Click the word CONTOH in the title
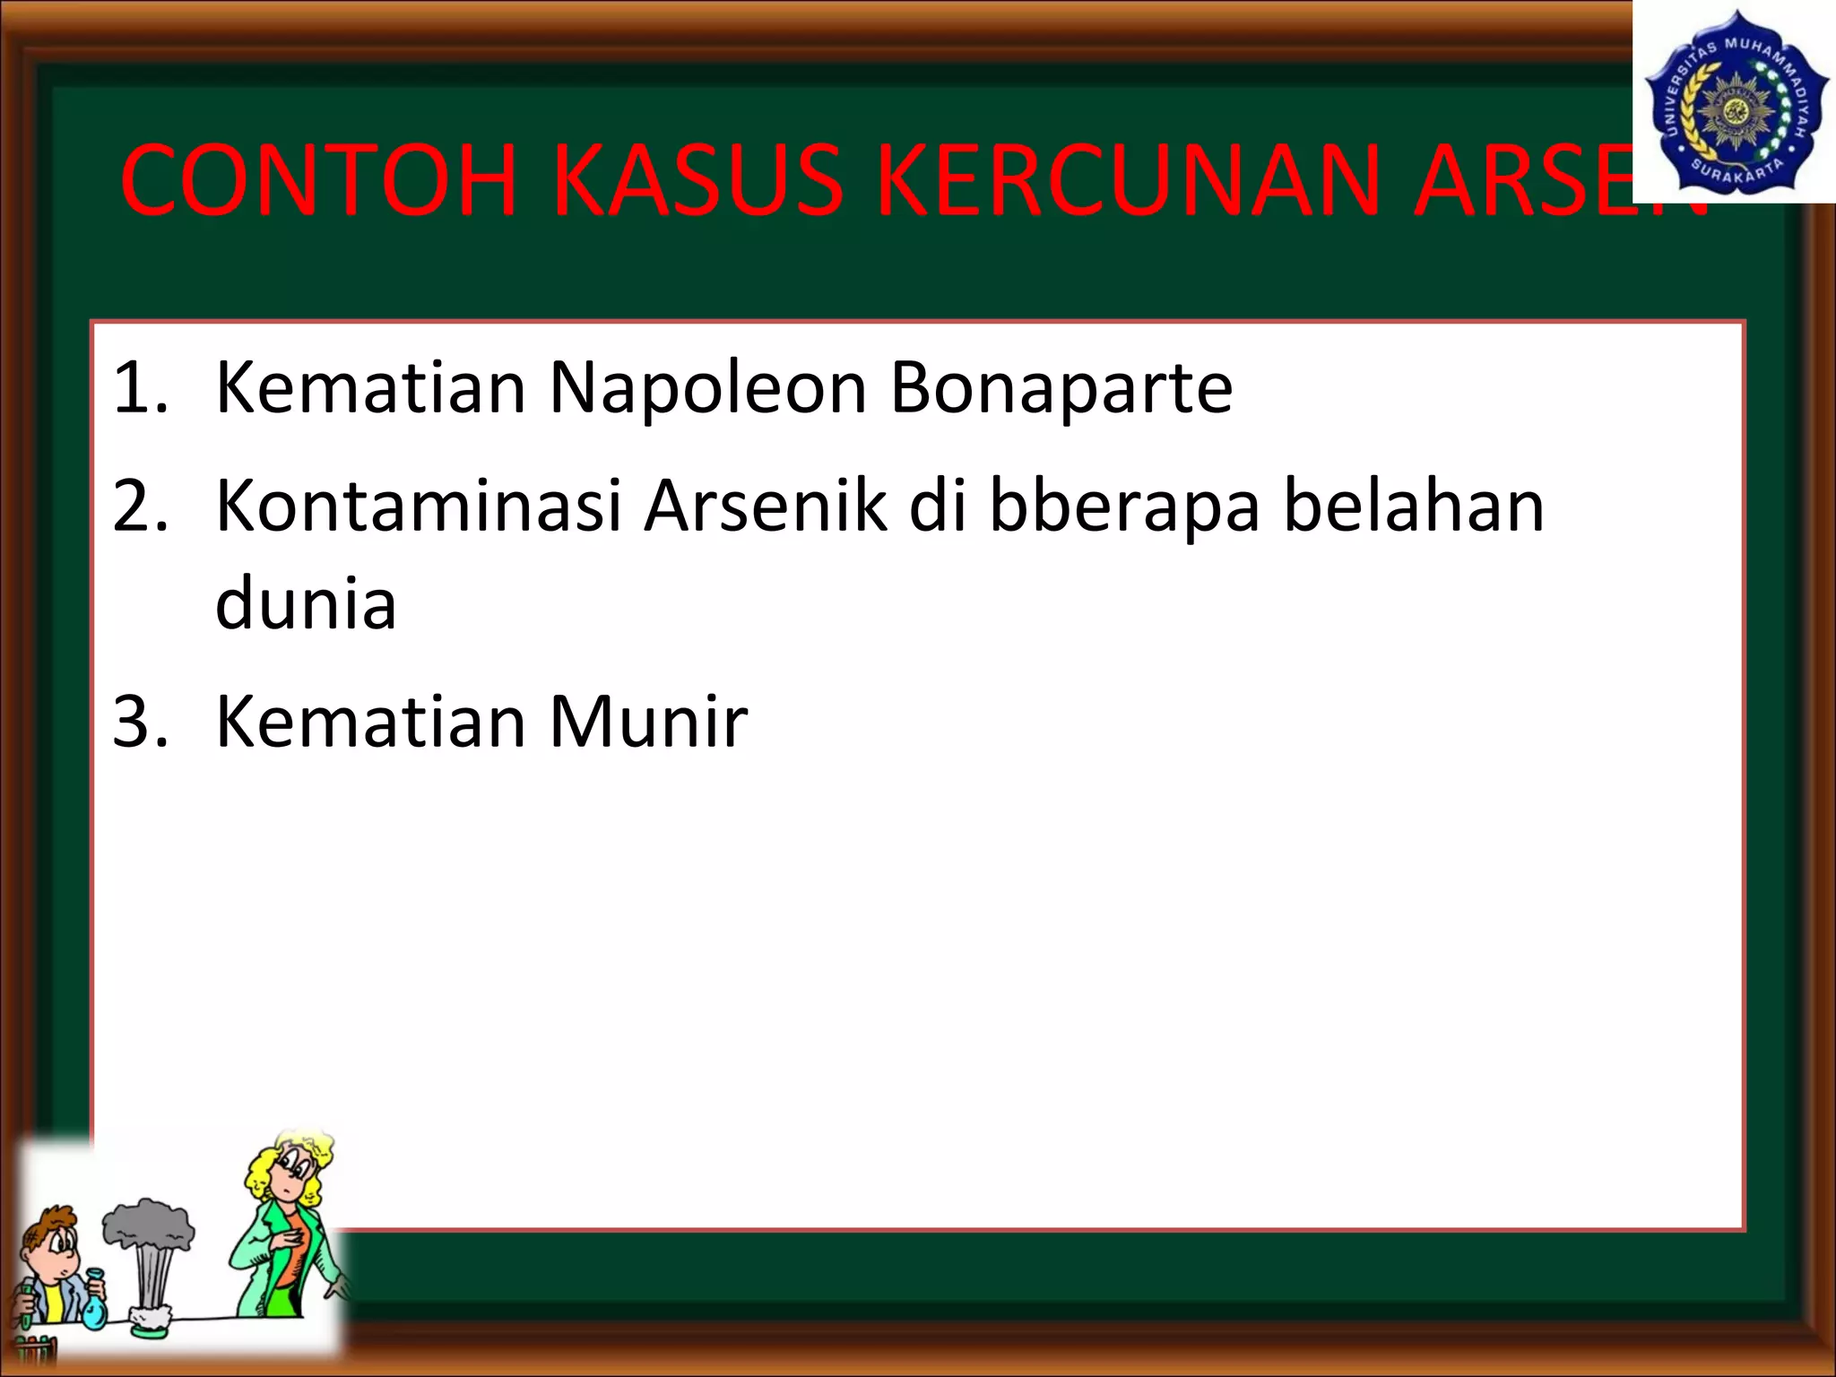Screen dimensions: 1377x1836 (x=318, y=181)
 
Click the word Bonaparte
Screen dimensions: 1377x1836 (x=1061, y=388)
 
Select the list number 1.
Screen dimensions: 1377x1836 (x=139, y=388)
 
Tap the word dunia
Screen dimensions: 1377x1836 (x=306, y=603)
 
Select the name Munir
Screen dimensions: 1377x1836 (x=647, y=722)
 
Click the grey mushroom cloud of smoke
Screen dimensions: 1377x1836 (x=148, y=1224)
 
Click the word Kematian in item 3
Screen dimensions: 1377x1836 (x=370, y=722)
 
